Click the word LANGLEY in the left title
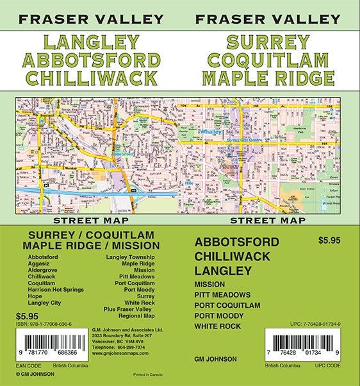92,43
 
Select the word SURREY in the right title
268,43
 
